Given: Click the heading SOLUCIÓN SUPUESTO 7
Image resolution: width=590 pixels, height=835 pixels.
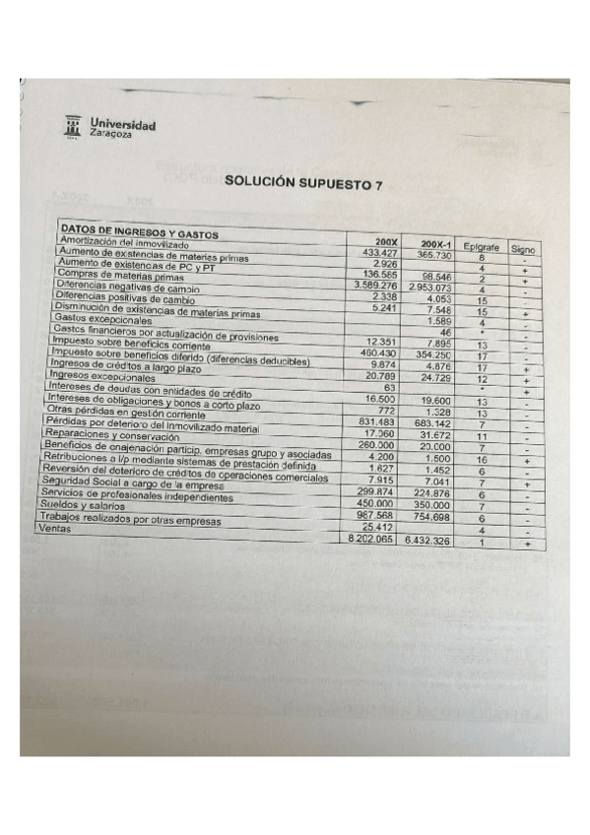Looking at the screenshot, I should tap(302, 183).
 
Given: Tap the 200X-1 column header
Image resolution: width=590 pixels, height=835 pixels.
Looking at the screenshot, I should tap(429, 244).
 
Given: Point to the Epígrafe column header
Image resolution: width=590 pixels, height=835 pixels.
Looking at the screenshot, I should tap(482, 247).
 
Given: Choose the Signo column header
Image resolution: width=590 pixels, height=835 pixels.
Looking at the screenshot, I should tap(523, 250).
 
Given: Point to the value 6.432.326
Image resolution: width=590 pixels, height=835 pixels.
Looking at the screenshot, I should tap(427, 542).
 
